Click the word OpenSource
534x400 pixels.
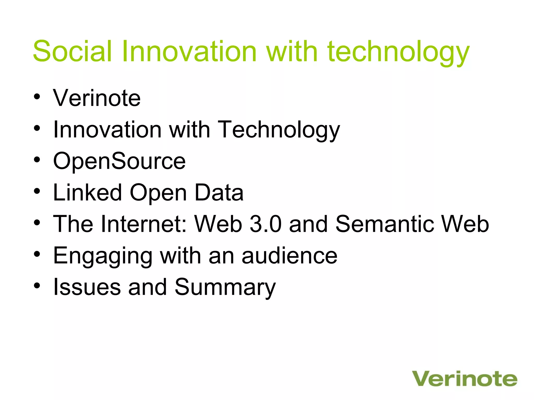click(x=119, y=161)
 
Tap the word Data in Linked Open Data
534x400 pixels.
click(x=219, y=192)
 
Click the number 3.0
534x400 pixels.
click(x=265, y=224)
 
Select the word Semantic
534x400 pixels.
click(x=384, y=224)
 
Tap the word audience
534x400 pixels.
click(x=289, y=256)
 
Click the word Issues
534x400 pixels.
click(x=87, y=287)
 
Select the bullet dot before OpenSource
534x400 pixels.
click(x=37, y=159)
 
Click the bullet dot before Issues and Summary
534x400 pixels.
click(x=37, y=286)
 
